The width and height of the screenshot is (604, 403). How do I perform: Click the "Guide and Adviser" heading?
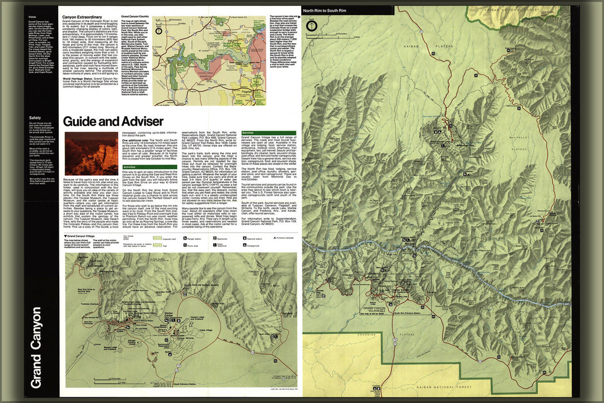click(113, 121)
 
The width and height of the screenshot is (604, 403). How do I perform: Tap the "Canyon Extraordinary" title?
click(82, 17)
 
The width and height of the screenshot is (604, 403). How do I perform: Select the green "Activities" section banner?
click(130, 167)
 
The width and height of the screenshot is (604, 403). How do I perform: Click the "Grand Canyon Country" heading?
click(135, 17)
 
